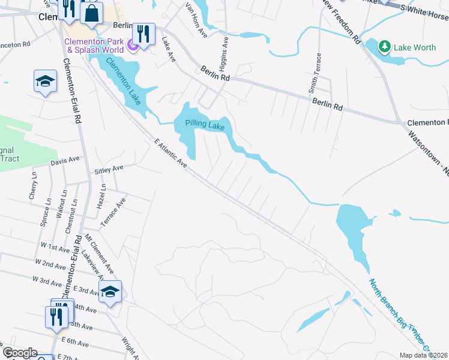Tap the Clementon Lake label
125,81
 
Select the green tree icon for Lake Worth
384,46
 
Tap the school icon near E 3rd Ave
110,292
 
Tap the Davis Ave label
65,161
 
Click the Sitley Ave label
109,170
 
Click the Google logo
19,353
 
